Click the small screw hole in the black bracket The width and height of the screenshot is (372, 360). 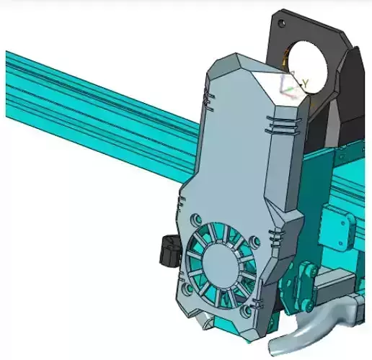(283, 24)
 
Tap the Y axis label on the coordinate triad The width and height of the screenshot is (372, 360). (306, 84)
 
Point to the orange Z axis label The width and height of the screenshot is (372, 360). (292, 63)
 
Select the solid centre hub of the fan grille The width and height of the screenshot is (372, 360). (221, 264)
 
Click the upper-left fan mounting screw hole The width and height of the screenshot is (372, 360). (195, 217)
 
